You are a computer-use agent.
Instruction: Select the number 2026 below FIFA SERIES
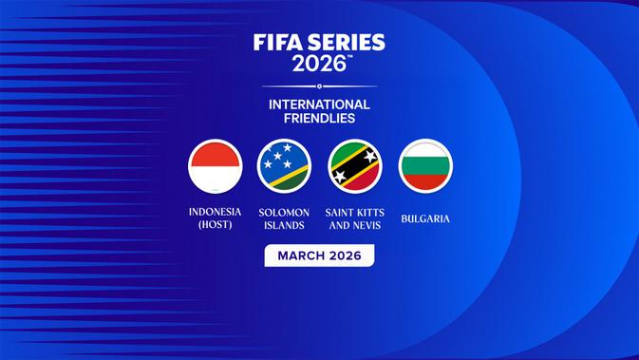318,65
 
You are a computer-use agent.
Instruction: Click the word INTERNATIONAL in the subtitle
319,104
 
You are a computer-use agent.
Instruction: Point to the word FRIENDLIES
319,119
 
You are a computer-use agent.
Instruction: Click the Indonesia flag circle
215,166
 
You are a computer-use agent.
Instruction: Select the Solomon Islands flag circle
285,166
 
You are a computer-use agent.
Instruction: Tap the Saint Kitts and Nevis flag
355,166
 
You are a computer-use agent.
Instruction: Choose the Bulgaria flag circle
425,166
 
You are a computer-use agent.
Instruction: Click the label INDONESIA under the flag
215,212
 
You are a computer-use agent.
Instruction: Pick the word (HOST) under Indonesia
215,225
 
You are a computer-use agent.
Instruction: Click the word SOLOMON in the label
285,212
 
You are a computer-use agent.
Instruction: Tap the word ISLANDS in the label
285,225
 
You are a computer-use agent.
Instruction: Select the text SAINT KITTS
355,212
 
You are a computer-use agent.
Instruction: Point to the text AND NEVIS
355,225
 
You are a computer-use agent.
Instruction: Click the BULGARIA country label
425,218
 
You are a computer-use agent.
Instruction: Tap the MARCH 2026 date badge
319,256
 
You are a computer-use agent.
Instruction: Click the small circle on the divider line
319,86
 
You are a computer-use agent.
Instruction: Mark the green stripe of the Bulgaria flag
425,166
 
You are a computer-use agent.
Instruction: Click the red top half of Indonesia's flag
215,154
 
